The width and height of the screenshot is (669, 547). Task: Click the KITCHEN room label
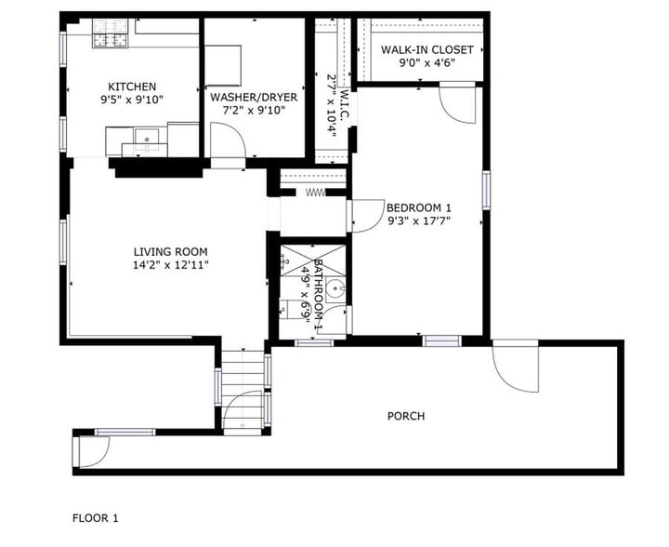pyautogui.click(x=132, y=87)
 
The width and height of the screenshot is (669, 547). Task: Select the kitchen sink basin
pyautogui.click(x=146, y=140)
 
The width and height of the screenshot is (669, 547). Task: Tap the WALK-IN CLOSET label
pyautogui.click(x=427, y=50)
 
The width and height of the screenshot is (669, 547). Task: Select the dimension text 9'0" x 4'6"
pyautogui.click(x=427, y=64)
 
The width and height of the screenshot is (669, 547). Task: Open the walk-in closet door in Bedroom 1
pyautogui.click(x=456, y=104)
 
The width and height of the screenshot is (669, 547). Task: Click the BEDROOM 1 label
pyautogui.click(x=418, y=207)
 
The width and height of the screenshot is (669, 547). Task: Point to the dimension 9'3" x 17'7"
pyautogui.click(x=418, y=221)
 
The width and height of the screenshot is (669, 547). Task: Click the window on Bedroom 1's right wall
pyautogui.click(x=485, y=190)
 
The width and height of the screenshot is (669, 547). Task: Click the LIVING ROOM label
pyautogui.click(x=170, y=251)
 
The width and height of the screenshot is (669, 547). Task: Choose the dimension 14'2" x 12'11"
pyautogui.click(x=170, y=265)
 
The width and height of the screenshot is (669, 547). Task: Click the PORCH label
pyautogui.click(x=406, y=416)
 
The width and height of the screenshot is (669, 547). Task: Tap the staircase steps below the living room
pyautogui.click(x=242, y=381)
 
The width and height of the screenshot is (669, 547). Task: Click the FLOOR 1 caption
pyautogui.click(x=96, y=517)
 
